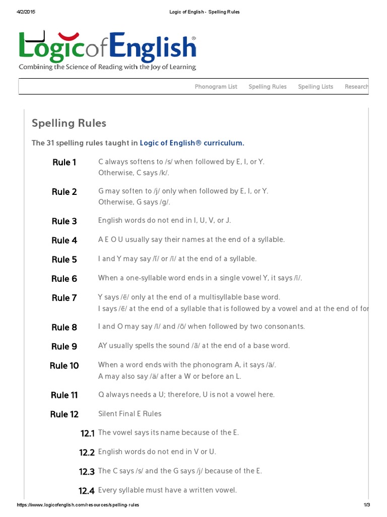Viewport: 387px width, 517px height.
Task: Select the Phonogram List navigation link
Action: click(x=216, y=87)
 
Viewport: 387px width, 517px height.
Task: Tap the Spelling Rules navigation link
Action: click(x=267, y=87)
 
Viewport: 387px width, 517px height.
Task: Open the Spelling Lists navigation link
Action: click(x=315, y=87)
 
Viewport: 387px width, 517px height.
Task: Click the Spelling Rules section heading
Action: click(x=69, y=123)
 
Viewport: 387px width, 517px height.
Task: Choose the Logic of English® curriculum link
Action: click(x=191, y=143)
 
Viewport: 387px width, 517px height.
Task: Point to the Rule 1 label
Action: click(x=64, y=163)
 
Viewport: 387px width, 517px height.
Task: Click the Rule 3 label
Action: click(x=64, y=221)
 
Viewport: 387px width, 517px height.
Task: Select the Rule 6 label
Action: click(x=64, y=279)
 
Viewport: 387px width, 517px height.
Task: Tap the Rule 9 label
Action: click(x=64, y=346)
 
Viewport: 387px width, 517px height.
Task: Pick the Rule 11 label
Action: click(x=64, y=395)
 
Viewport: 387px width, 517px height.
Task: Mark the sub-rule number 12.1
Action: click(x=87, y=433)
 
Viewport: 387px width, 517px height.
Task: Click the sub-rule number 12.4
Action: click(x=87, y=491)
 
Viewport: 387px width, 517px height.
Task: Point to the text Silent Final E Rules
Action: click(x=130, y=413)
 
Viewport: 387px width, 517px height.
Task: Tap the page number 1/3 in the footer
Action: click(x=366, y=505)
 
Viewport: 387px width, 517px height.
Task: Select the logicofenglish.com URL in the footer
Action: click(x=78, y=505)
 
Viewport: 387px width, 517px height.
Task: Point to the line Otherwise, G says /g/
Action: click(x=134, y=202)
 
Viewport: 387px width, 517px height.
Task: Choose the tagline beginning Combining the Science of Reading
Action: click(x=107, y=67)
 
